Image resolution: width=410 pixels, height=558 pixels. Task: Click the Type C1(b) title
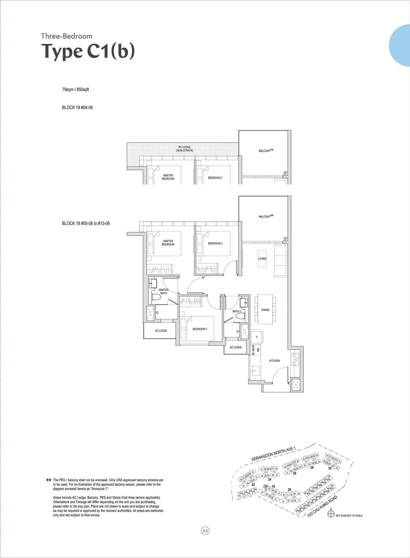tap(88, 51)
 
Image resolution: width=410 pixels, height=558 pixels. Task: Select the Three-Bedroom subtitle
tap(67, 36)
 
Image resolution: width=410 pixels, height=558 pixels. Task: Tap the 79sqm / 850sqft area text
tap(76, 89)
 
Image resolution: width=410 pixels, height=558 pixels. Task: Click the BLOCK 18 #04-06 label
tap(77, 108)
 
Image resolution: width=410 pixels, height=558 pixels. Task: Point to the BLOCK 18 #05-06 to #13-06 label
tap(86, 223)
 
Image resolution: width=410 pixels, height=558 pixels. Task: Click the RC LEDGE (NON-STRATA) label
tap(184, 149)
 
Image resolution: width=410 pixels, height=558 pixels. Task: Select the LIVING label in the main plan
tap(262, 259)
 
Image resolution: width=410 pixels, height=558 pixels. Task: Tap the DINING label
tap(265, 310)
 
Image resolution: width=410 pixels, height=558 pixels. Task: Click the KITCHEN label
tap(274, 361)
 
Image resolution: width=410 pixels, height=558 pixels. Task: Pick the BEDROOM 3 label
tap(200, 329)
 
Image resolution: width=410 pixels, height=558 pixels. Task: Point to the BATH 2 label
tap(237, 312)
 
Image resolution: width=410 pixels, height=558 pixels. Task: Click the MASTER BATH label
tap(164, 292)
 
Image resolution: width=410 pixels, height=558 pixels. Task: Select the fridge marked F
tap(257, 337)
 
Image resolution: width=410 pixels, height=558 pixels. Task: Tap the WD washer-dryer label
tap(258, 350)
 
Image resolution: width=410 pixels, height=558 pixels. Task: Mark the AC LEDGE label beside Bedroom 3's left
tap(161, 331)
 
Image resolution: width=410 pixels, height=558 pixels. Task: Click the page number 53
tap(205, 531)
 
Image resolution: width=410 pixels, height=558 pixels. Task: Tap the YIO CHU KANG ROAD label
tap(322, 506)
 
